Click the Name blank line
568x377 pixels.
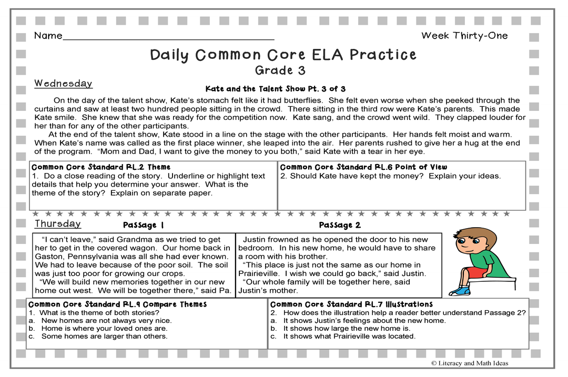(168, 38)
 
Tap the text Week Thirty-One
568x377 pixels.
(464, 36)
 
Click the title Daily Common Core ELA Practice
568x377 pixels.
(283, 55)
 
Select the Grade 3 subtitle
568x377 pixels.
(280, 70)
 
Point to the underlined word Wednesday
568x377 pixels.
(63, 84)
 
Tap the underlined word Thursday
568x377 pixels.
(58, 224)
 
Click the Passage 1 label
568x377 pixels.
(143, 225)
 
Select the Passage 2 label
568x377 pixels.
(340, 225)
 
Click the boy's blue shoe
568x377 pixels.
(459, 290)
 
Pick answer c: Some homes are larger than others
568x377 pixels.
(104, 336)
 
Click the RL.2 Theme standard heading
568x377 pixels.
(101, 167)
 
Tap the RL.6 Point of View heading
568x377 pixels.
(363, 167)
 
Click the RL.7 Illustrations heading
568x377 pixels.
(351, 304)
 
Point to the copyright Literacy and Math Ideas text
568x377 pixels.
(469, 363)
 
